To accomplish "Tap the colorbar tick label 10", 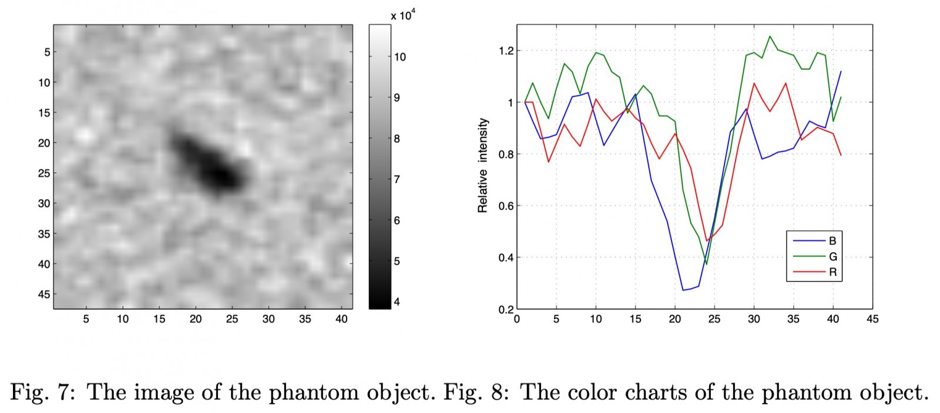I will [x=399, y=57].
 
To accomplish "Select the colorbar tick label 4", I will [x=397, y=302].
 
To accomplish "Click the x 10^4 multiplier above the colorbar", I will [x=403, y=15].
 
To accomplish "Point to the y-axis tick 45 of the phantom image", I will [x=44, y=294].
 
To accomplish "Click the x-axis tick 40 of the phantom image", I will [x=341, y=319].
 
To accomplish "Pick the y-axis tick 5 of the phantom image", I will [x=47, y=52].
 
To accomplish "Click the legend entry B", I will [x=832, y=241].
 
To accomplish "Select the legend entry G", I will [x=832, y=257].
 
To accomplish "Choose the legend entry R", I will [x=832, y=272].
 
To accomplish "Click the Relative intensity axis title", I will [x=483, y=166].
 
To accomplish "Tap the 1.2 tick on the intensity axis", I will [x=506, y=51].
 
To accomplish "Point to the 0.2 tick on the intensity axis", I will [x=506, y=310].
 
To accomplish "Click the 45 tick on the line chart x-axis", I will [x=872, y=319].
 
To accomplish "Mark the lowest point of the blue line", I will [x=683, y=290].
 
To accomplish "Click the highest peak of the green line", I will [x=770, y=36].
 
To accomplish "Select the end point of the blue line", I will [x=841, y=72].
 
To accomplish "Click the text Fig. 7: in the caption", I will [x=42, y=392].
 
